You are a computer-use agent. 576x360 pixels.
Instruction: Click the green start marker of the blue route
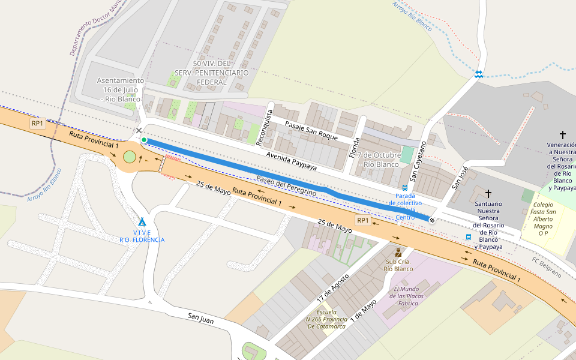(x=144, y=140)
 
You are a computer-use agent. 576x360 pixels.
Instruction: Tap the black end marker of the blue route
(x=431, y=220)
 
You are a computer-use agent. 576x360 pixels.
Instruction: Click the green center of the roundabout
(x=130, y=157)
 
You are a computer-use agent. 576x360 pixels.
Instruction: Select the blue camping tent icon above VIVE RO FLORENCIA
(x=142, y=221)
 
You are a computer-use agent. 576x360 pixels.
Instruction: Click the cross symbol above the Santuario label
(x=488, y=193)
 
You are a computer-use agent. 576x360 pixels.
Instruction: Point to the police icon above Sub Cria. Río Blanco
(x=398, y=253)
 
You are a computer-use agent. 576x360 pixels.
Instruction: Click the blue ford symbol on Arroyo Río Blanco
(x=479, y=74)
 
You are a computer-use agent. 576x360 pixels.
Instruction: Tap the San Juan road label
(x=200, y=319)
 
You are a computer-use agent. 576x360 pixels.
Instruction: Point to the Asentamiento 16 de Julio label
(x=121, y=89)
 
